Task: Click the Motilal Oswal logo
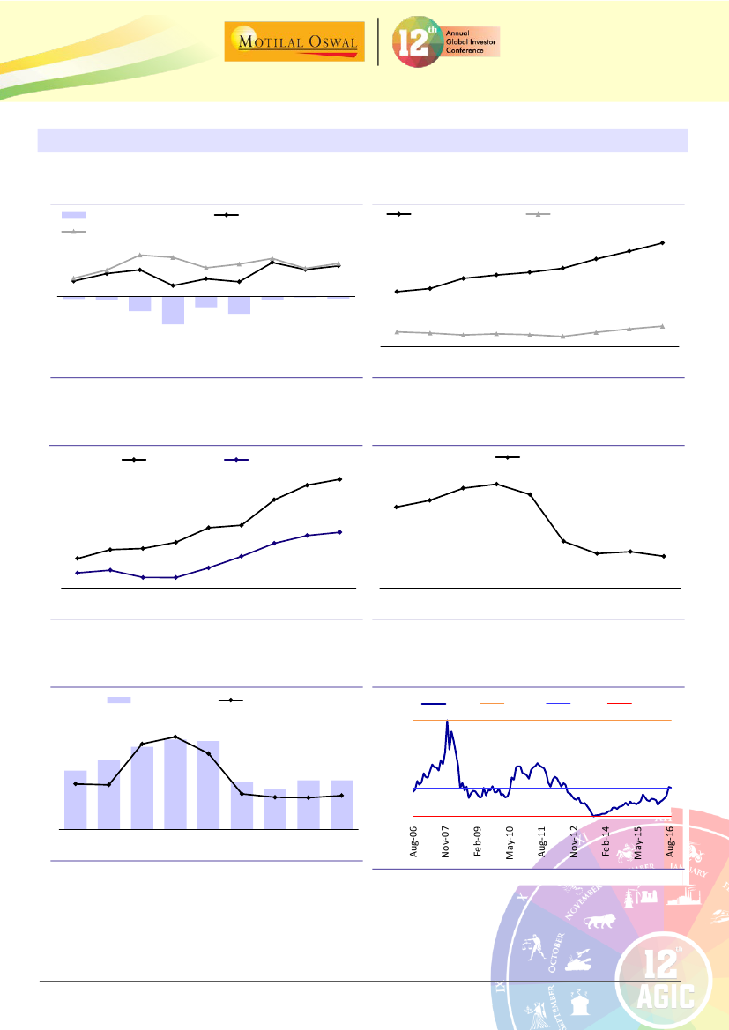tap(294, 42)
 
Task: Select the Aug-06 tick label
tap(413, 841)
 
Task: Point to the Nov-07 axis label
tap(446, 841)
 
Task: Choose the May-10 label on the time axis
tap(510, 842)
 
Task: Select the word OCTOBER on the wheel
tap(551, 973)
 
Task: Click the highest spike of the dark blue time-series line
tap(447, 722)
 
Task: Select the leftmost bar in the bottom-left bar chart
tap(75, 799)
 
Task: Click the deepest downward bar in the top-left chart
tap(173, 310)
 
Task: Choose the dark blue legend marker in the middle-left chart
tap(236, 460)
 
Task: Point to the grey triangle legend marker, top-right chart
tap(538, 214)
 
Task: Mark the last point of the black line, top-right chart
tap(662, 242)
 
